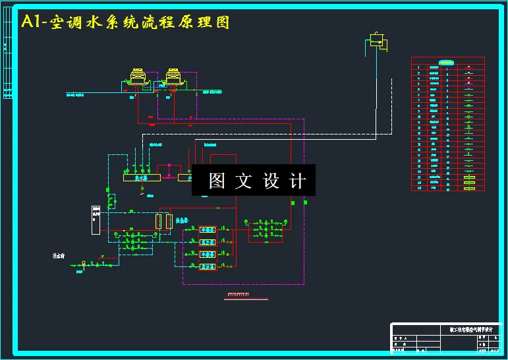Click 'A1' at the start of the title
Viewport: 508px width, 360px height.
[x=32, y=22]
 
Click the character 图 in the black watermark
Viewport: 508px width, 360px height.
[x=217, y=181]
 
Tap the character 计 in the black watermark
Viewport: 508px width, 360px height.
[x=298, y=181]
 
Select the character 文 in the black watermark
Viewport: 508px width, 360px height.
[x=244, y=181]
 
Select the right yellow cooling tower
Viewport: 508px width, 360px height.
[x=174, y=77]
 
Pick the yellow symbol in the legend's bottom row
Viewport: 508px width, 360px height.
[x=469, y=188]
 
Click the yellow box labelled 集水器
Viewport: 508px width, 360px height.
[x=141, y=177]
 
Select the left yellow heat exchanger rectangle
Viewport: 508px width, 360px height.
[x=158, y=221]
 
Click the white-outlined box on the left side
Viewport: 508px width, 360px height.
[x=96, y=220]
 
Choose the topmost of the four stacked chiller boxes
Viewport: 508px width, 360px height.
[x=208, y=229]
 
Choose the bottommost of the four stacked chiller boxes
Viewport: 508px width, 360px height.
[x=208, y=266]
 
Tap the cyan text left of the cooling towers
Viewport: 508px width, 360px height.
[x=75, y=94]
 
